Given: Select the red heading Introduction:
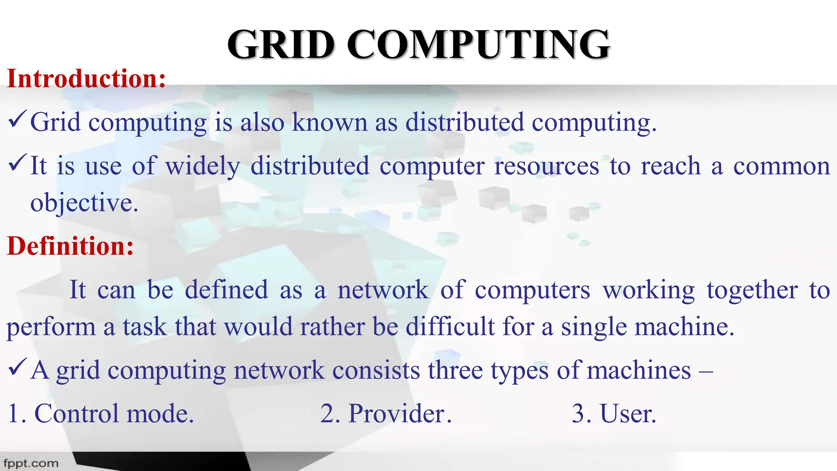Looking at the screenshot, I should tap(87, 78).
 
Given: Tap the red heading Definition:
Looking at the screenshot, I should tap(70, 246).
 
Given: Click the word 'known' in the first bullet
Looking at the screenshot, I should tap(329, 122).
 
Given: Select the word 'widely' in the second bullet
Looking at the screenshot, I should tap(202, 166).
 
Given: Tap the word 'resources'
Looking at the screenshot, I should tap(546, 166).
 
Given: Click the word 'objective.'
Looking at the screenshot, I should tap(84, 203).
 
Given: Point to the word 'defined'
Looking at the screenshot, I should tap(226, 290).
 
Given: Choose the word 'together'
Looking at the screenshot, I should tap(752, 291).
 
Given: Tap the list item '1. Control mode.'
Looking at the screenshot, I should tap(101, 413).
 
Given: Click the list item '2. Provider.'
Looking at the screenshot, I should tap(386, 413).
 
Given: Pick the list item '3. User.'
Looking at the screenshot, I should tap(614, 413).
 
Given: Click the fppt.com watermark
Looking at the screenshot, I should tap(31, 464).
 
